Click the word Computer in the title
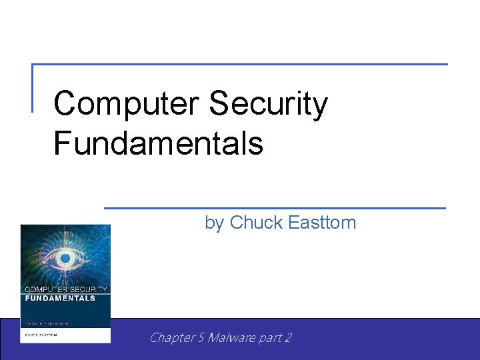pyautogui.click(x=127, y=105)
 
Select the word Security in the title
pyautogui.click(x=268, y=105)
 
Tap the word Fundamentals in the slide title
pyautogui.click(x=158, y=143)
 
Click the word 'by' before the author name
pyautogui.click(x=214, y=223)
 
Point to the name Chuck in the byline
pyautogui.click(x=256, y=223)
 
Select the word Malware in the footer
pyautogui.click(x=231, y=338)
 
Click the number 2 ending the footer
pyautogui.click(x=288, y=338)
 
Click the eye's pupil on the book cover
pyautogui.click(x=65, y=258)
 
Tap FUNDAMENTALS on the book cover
pyautogui.click(x=59, y=298)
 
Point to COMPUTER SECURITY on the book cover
pyautogui.click(x=65, y=290)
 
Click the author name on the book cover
pyautogui.click(x=41, y=335)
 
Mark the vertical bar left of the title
pyautogui.click(x=33, y=87)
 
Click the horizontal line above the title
pyautogui.click(x=240, y=65)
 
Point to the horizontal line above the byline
pyautogui.click(x=275, y=208)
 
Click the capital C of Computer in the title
pyautogui.click(x=65, y=105)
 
